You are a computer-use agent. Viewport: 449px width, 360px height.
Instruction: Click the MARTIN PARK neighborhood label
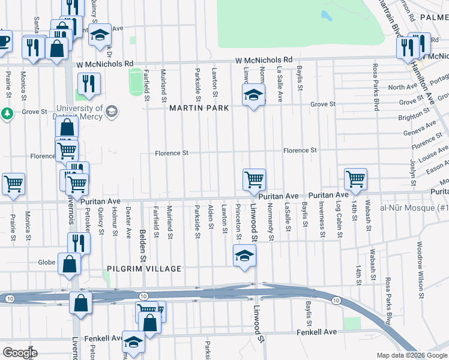199,109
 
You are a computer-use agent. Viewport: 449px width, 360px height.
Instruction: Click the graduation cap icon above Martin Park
253,95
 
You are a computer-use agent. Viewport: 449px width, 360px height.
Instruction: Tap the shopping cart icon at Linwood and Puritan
254,179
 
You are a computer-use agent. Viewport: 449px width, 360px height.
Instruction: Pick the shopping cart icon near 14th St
355,178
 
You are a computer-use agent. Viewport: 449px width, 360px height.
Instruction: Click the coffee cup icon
4,41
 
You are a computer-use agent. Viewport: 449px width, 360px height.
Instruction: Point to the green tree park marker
7,113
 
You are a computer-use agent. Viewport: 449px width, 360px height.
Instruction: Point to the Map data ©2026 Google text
411,355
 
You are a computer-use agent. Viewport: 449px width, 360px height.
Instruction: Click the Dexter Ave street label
128,223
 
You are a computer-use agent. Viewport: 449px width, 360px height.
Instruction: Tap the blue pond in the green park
327,15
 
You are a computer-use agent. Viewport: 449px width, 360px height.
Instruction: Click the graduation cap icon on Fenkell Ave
133,342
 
